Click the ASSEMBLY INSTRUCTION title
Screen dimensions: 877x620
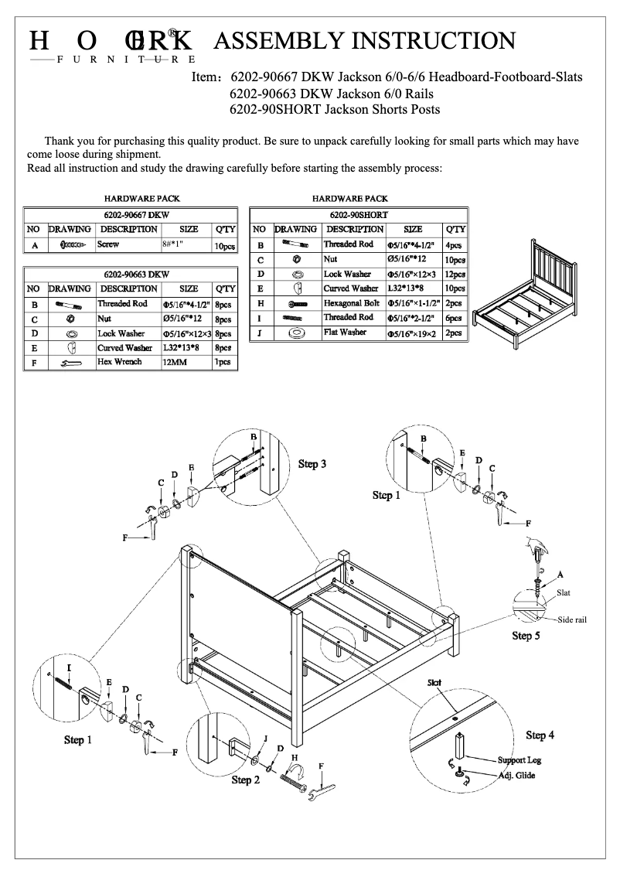click(363, 42)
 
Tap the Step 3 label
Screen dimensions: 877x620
click(312, 464)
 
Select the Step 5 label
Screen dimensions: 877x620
click(526, 636)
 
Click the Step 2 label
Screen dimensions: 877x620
click(246, 780)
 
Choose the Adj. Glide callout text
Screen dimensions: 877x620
click(516, 775)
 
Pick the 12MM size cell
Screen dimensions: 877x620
click(173, 362)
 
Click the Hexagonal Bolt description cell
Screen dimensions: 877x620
click(352, 303)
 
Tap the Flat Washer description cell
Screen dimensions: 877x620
click(345, 333)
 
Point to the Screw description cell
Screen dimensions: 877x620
click(108, 244)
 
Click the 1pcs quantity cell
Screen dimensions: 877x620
click(223, 362)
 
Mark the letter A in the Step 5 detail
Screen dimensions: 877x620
click(560, 573)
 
